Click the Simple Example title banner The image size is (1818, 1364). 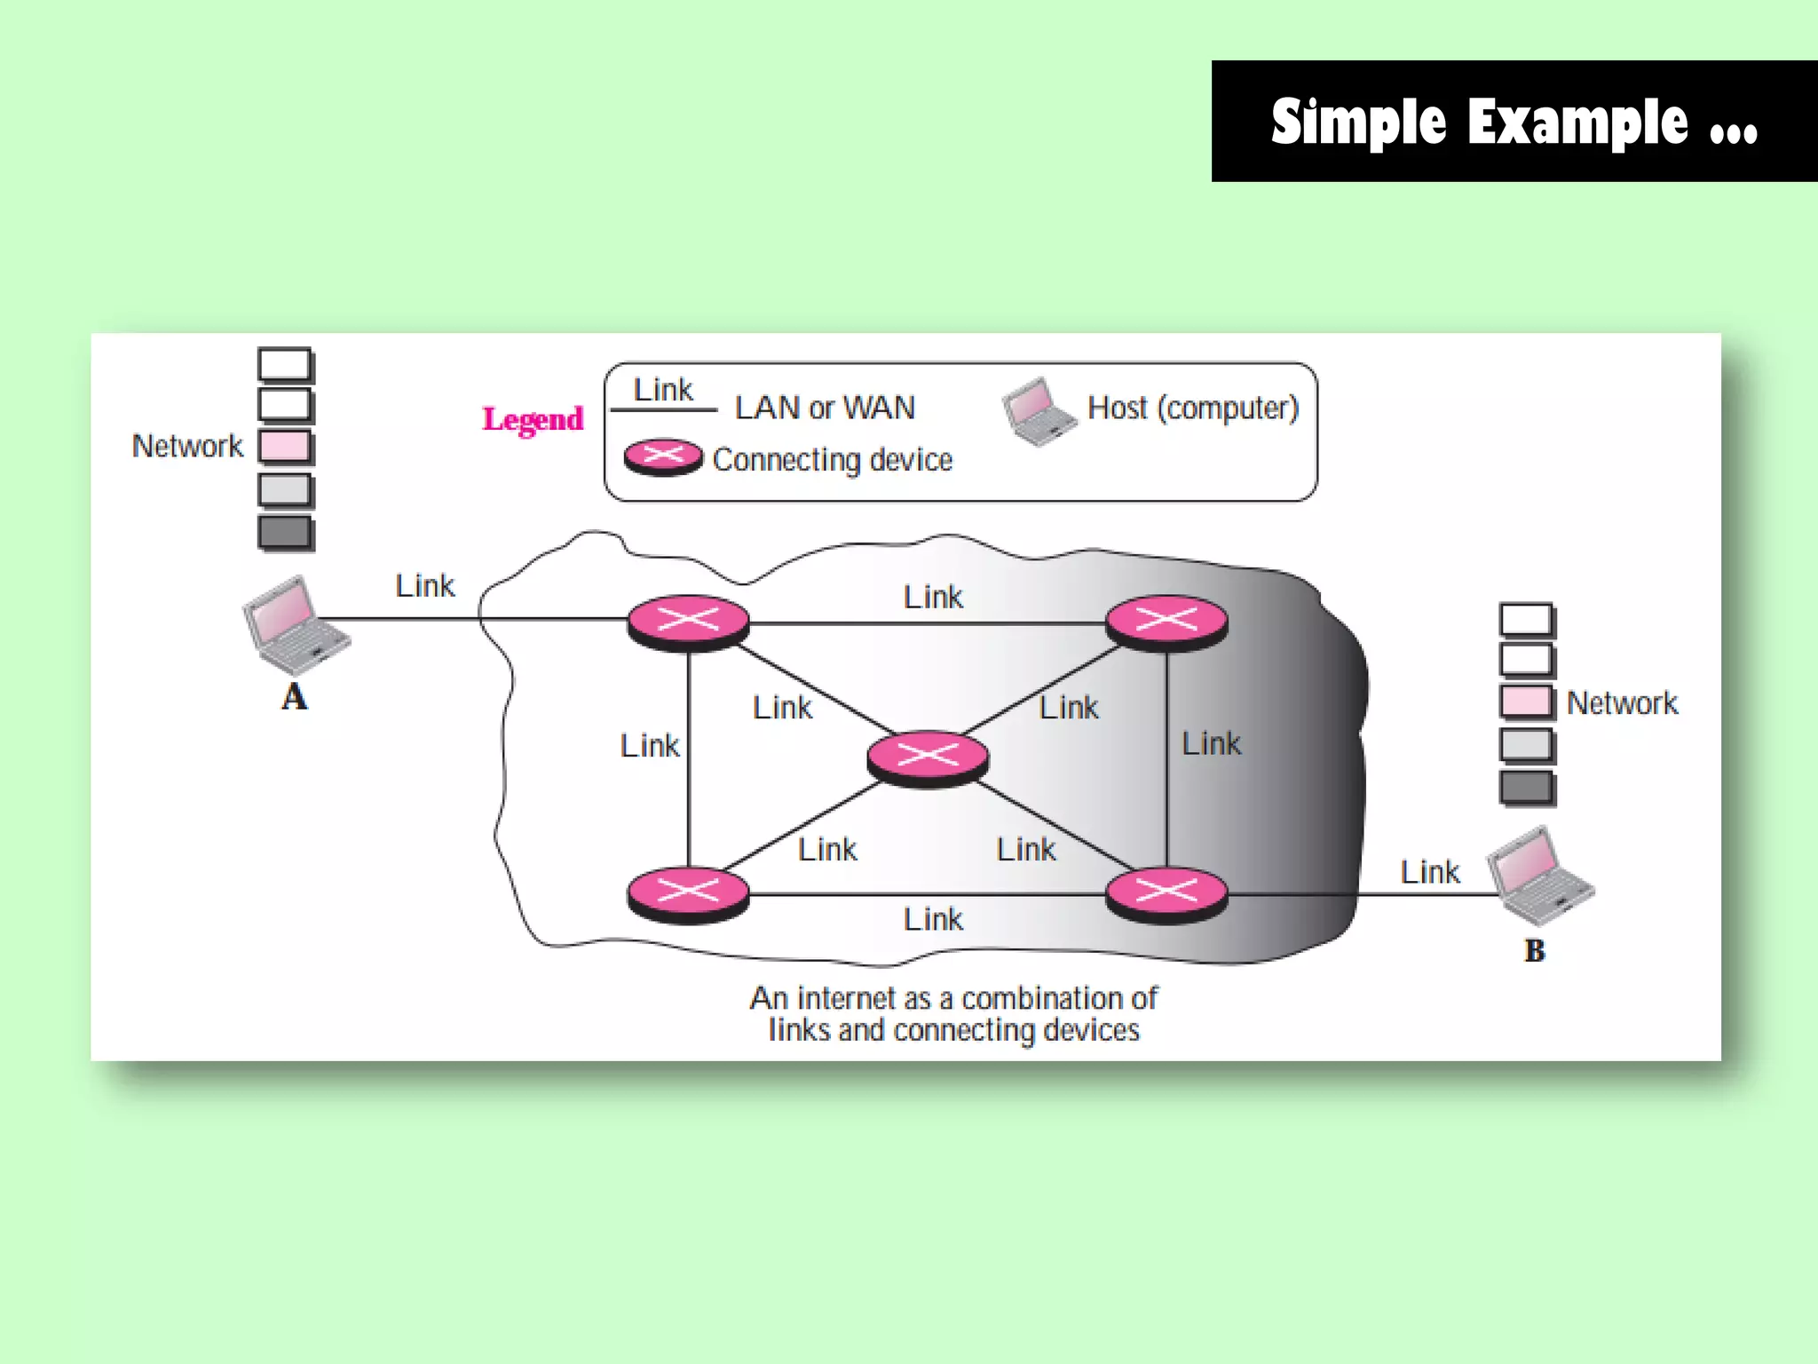[x=1514, y=122]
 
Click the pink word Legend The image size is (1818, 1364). [x=533, y=419]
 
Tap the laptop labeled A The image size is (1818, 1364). [x=295, y=625]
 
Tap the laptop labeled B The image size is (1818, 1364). [x=1538, y=876]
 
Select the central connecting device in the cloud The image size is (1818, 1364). [x=928, y=758]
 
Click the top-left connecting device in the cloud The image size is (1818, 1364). [x=688, y=623]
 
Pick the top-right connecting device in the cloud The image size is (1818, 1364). [x=1166, y=623]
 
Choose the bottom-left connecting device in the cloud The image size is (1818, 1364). [x=688, y=894]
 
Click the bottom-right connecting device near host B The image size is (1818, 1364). [x=1166, y=894]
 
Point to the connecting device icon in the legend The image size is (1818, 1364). [x=663, y=457]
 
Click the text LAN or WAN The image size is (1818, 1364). [x=825, y=408]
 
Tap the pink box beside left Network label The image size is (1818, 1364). [x=285, y=447]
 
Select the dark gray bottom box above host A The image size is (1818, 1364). [x=285, y=533]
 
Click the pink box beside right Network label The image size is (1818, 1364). [x=1527, y=702]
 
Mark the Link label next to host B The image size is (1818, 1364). [x=1429, y=872]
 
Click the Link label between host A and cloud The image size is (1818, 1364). [x=424, y=586]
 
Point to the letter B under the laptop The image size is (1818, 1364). [x=1535, y=951]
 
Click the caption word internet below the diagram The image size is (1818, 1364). [x=846, y=998]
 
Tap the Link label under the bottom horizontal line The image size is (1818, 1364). [x=933, y=919]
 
